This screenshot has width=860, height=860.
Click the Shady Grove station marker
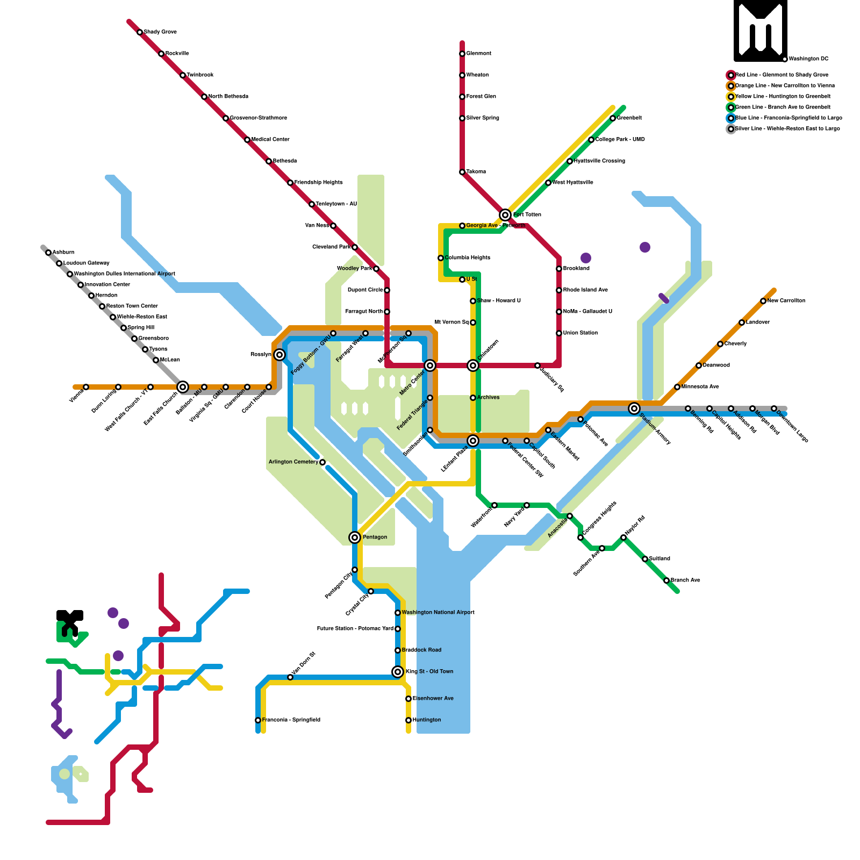[x=140, y=32]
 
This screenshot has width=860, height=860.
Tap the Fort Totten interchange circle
[x=505, y=215]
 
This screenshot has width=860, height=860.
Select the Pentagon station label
[x=375, y=537]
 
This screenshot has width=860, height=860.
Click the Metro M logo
[x=760, y=30]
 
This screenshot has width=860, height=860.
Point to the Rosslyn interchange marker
[x=279, y=355]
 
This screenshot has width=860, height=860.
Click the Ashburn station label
[x=63, y=253]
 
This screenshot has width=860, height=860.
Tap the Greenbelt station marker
[x=613, y=118]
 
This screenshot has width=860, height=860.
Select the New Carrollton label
[x=786, y=301]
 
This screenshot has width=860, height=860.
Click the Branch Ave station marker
[x=666, y=580]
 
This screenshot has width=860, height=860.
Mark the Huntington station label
[x=427, y=720]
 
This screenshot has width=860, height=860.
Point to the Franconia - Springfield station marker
[x=258, y=720]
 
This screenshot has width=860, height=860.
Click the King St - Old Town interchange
[x=398, y=672]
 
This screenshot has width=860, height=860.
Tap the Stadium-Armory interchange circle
[x=634, y=408]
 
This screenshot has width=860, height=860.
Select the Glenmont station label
[x=478, y=54]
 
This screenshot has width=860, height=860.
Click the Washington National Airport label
[x=438, y=613]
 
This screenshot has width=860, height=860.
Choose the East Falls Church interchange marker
[x=183, y=387]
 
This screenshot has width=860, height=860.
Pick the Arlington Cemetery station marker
[x=322, y=462]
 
